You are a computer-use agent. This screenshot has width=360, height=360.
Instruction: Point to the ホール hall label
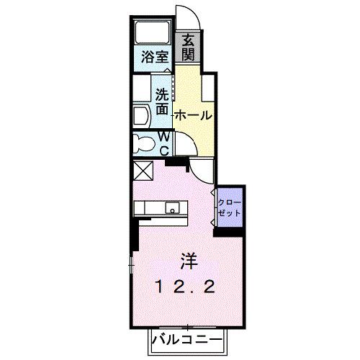192,115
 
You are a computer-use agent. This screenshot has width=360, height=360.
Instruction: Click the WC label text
163,143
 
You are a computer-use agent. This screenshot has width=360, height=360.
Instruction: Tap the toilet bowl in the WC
143,143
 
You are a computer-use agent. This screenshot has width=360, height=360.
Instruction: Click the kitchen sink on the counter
172,209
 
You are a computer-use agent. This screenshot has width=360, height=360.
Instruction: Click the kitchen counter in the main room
155,209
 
